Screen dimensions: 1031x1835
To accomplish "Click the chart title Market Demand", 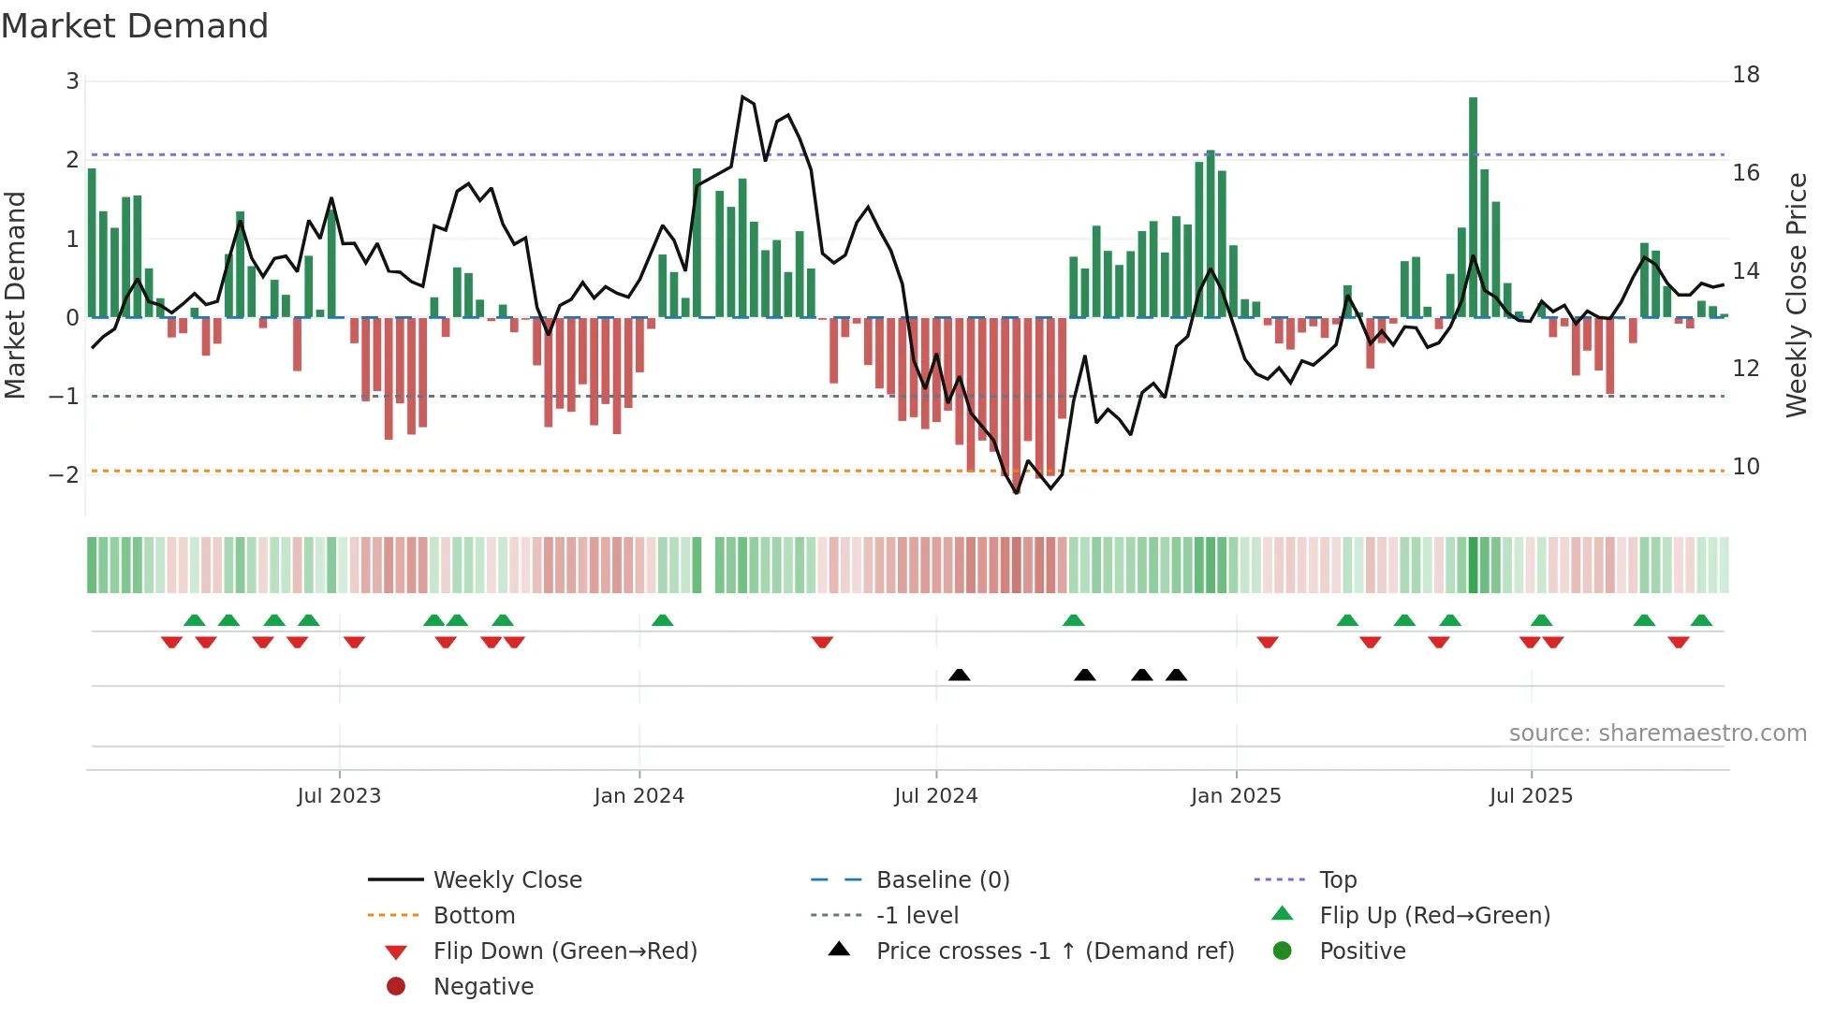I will [x=135, y=26].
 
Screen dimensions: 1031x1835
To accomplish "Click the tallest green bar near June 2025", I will [x=1473, y=206].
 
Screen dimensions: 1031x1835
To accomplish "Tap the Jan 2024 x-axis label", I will [x=639, y=796].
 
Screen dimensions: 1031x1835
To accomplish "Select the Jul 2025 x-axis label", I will [x=1531, y=796].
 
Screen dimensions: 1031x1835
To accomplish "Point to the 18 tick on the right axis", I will [x=1745, y=75].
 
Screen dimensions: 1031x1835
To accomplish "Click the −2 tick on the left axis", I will [x=64, y=474].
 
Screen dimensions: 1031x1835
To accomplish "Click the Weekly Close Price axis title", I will [x=1796, y=295].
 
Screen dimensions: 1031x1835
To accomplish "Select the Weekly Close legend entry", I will [x=506, y=880].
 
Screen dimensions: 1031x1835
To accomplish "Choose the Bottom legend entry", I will [x=474, y=916].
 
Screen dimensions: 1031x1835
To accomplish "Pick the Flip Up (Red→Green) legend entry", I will [x=1433, y=916].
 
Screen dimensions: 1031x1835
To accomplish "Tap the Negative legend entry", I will [x=483, y=987].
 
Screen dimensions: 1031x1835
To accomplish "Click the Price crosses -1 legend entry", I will [x=1054, y=951].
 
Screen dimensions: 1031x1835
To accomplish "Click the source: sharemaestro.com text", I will [x=1657, y=733].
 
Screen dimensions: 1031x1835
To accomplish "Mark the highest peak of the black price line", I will [x=742, y=96].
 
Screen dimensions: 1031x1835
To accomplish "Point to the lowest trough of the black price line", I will [x=1017, y=493].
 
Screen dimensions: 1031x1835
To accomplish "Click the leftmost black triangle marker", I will [x=959, y=675].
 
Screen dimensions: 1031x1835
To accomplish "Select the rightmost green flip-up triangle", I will [x=1701, y=620].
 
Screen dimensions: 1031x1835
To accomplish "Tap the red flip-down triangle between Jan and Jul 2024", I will [x=822, y=642].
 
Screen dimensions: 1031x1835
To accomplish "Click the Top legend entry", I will [x=1337, y=880].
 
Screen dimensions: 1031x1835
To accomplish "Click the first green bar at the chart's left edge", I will [x=92, y=243].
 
